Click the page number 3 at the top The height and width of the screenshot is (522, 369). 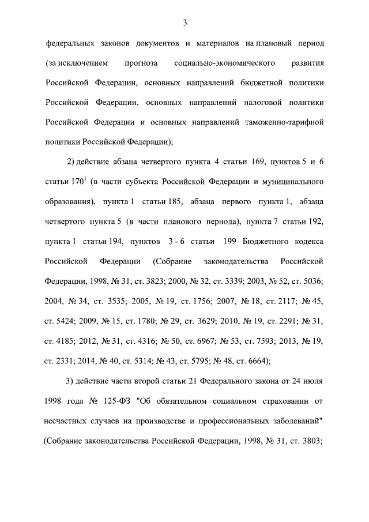184,23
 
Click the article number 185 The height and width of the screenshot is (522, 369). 174,202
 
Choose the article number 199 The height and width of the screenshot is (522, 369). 228,241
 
